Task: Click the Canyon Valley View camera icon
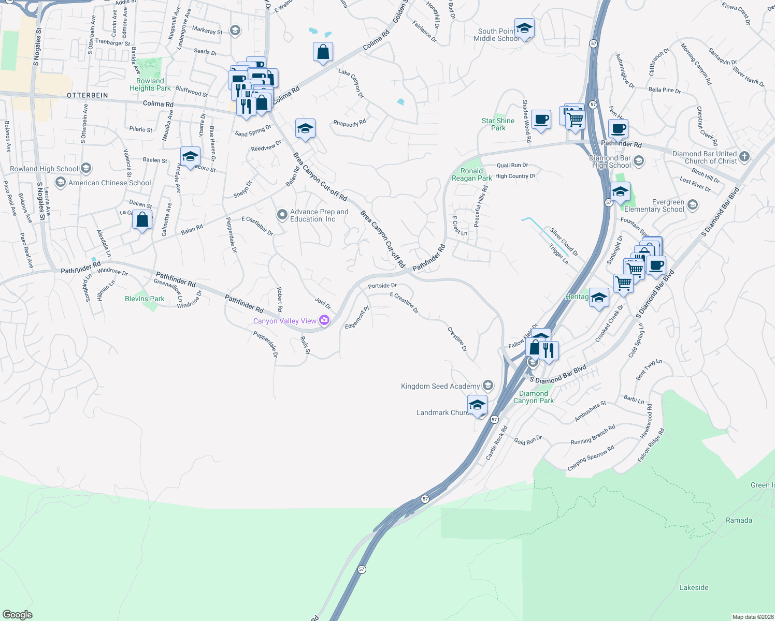point(324,321)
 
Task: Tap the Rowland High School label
point(44,169)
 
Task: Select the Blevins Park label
point(145,299)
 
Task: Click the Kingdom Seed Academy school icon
point(487,386)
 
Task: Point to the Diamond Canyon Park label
point(533,397)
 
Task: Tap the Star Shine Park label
point(498,124)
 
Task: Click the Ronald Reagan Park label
point(471,174)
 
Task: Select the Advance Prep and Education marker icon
point(282,215)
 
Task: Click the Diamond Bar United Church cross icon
point(744,156)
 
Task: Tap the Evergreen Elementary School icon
point(693,205)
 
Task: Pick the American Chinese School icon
point(61,182)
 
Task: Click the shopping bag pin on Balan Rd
point(142,220)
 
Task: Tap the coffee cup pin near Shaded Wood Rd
point(541,120)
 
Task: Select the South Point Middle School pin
point(524,29)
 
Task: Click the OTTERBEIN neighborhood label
point(88,95)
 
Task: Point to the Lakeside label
point(694,587)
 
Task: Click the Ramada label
point(739,520)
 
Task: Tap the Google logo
point(17,615)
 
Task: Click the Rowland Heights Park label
point(150,84)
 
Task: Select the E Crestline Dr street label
point(404,303)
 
